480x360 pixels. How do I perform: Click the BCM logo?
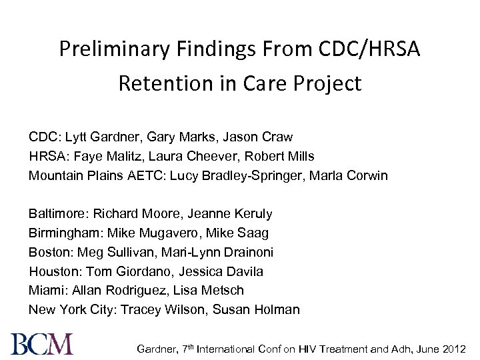(x=42, y=343)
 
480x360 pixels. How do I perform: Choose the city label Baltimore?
(x=57, y=215)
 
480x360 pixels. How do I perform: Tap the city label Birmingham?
(x=63, y=233)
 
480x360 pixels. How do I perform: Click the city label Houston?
(x=52, y=272)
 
